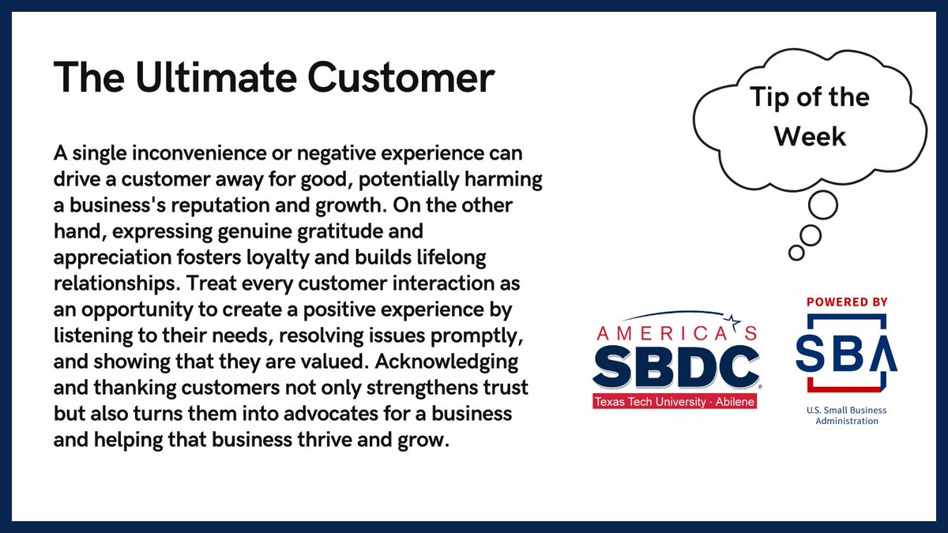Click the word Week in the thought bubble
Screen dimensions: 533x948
coord(810,136)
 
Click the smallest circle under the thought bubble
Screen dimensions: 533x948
coord(796,253)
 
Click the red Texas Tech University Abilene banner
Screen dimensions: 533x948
coord(673,401)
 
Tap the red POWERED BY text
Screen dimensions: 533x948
coord(847,302)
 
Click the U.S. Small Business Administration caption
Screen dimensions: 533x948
coord(846,415)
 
